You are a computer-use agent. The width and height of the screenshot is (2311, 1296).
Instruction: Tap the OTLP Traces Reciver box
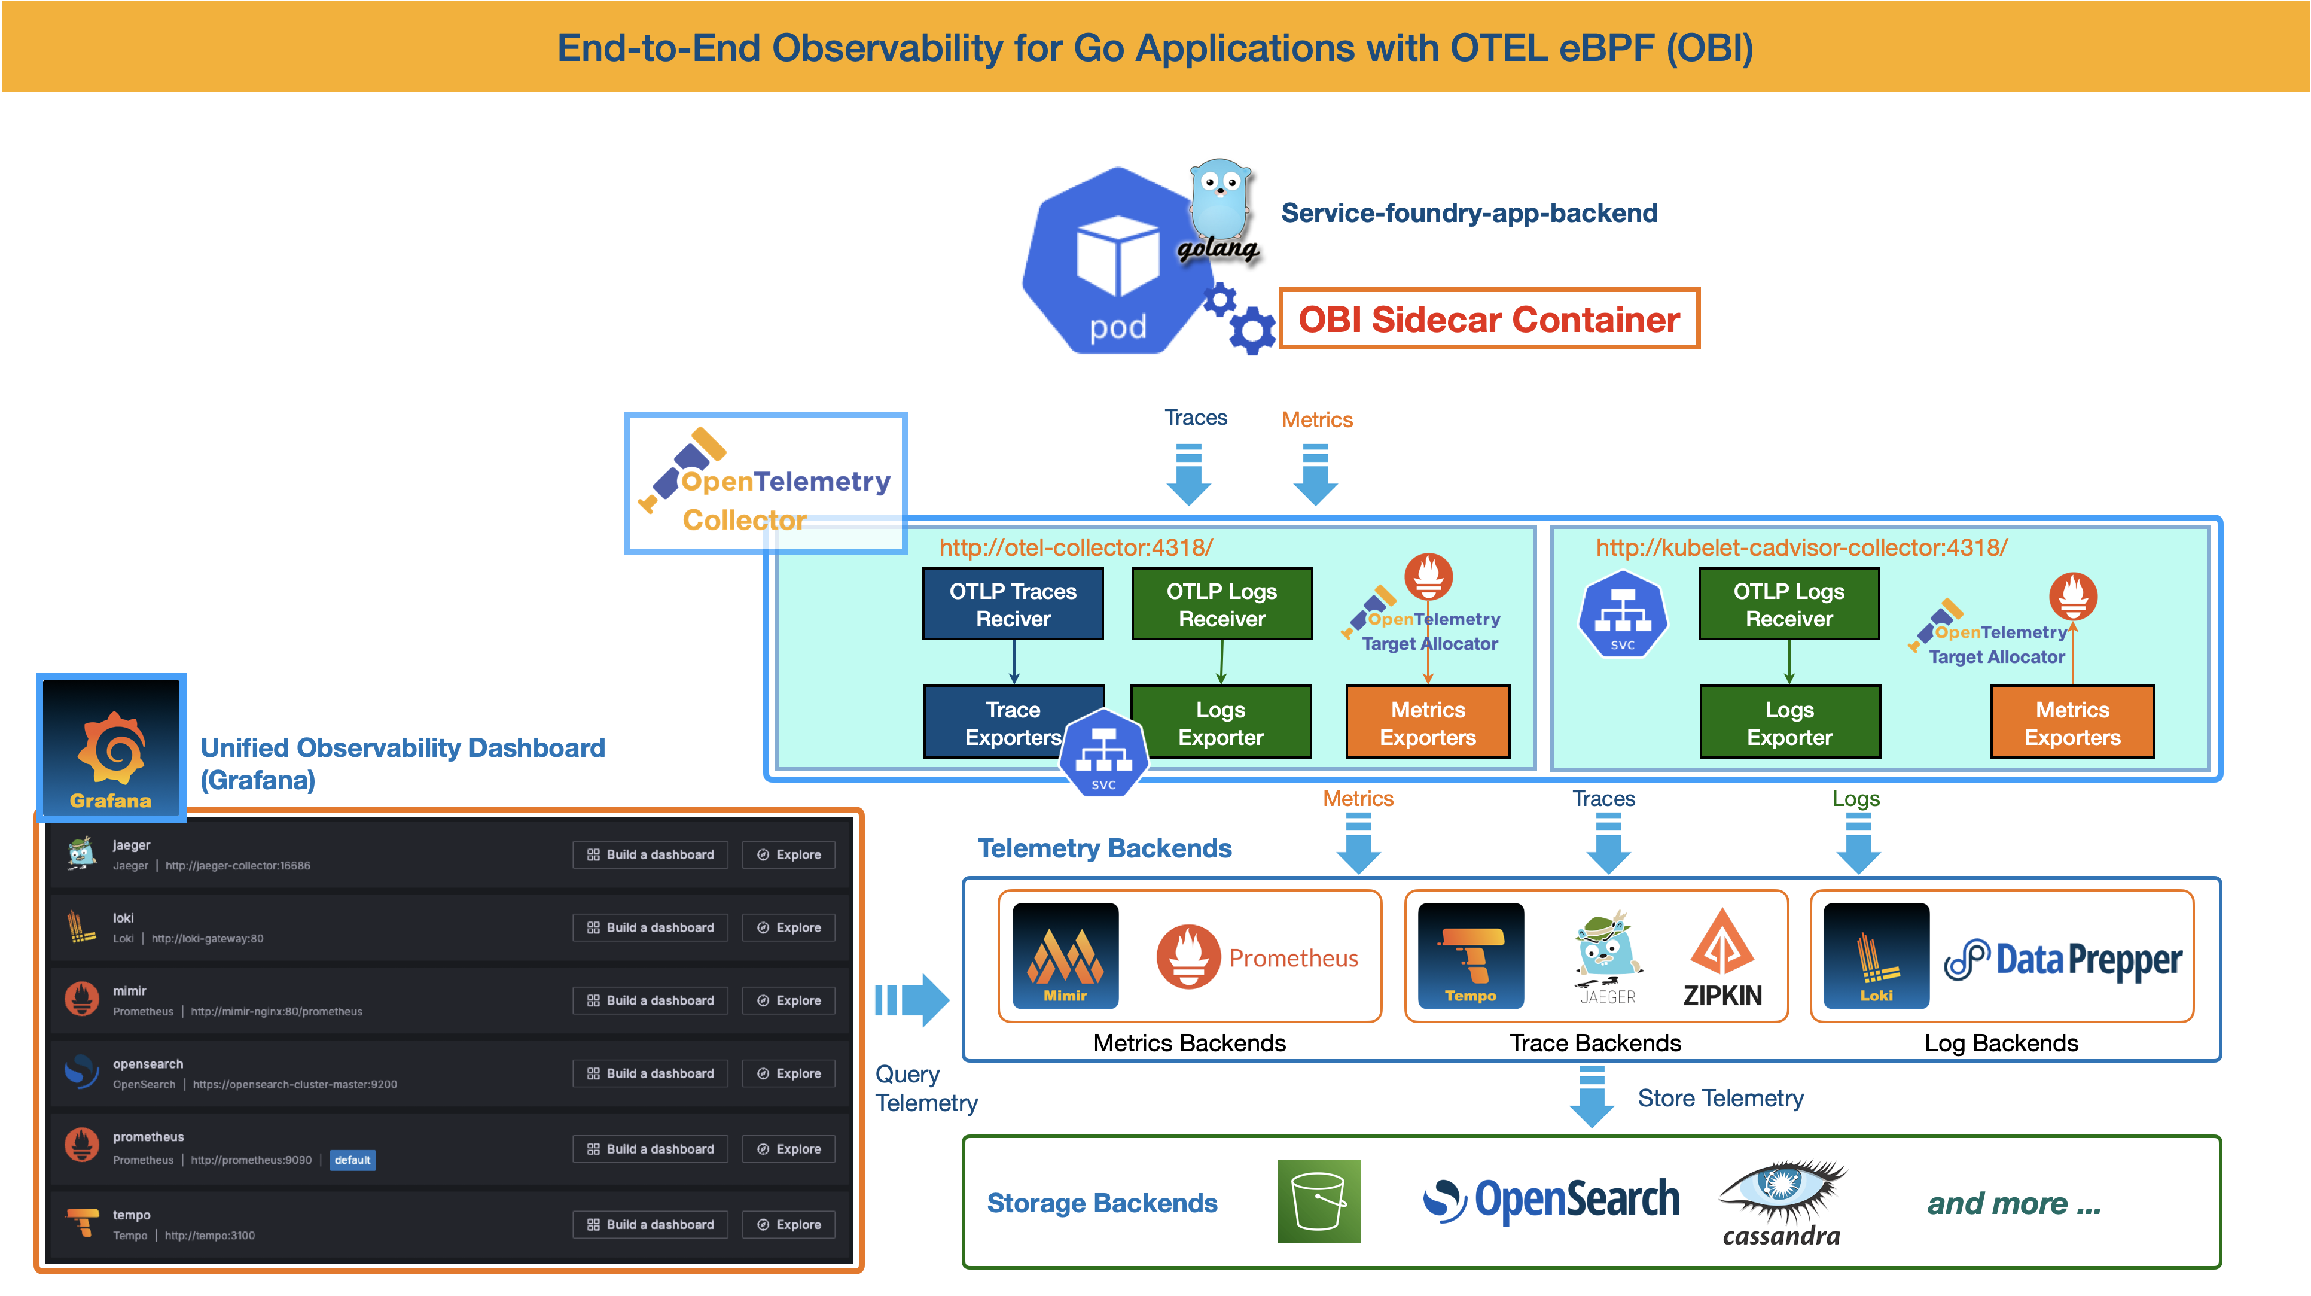coord(1013,604)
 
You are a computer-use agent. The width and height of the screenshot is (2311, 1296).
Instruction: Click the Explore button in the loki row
coord(788,927)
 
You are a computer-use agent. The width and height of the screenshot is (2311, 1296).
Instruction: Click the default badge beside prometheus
coord(353,1160)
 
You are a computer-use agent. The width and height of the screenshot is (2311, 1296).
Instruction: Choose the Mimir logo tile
coord(1065,956)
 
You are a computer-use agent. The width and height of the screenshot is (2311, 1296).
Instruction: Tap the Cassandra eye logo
coord(1782,1189)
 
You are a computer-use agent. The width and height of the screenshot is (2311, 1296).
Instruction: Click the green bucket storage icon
coord(1319,1201)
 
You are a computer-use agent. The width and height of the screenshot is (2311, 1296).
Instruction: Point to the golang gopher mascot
coord(1220,202)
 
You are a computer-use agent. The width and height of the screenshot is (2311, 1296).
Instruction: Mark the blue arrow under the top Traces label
coord(1189,475)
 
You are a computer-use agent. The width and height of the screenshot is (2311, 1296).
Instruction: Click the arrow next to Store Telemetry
coord(1592,1096)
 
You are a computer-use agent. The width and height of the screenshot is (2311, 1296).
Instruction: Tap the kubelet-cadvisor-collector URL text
coord(1801,547)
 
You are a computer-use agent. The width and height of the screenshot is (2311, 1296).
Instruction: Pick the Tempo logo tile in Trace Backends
coord(1470,956)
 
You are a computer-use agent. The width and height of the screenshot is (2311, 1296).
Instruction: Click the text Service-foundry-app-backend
coord(1469,213)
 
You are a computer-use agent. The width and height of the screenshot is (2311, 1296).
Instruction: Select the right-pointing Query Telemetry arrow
coord(913,1000)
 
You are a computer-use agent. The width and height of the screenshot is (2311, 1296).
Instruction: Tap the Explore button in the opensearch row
coord(788,1073)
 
